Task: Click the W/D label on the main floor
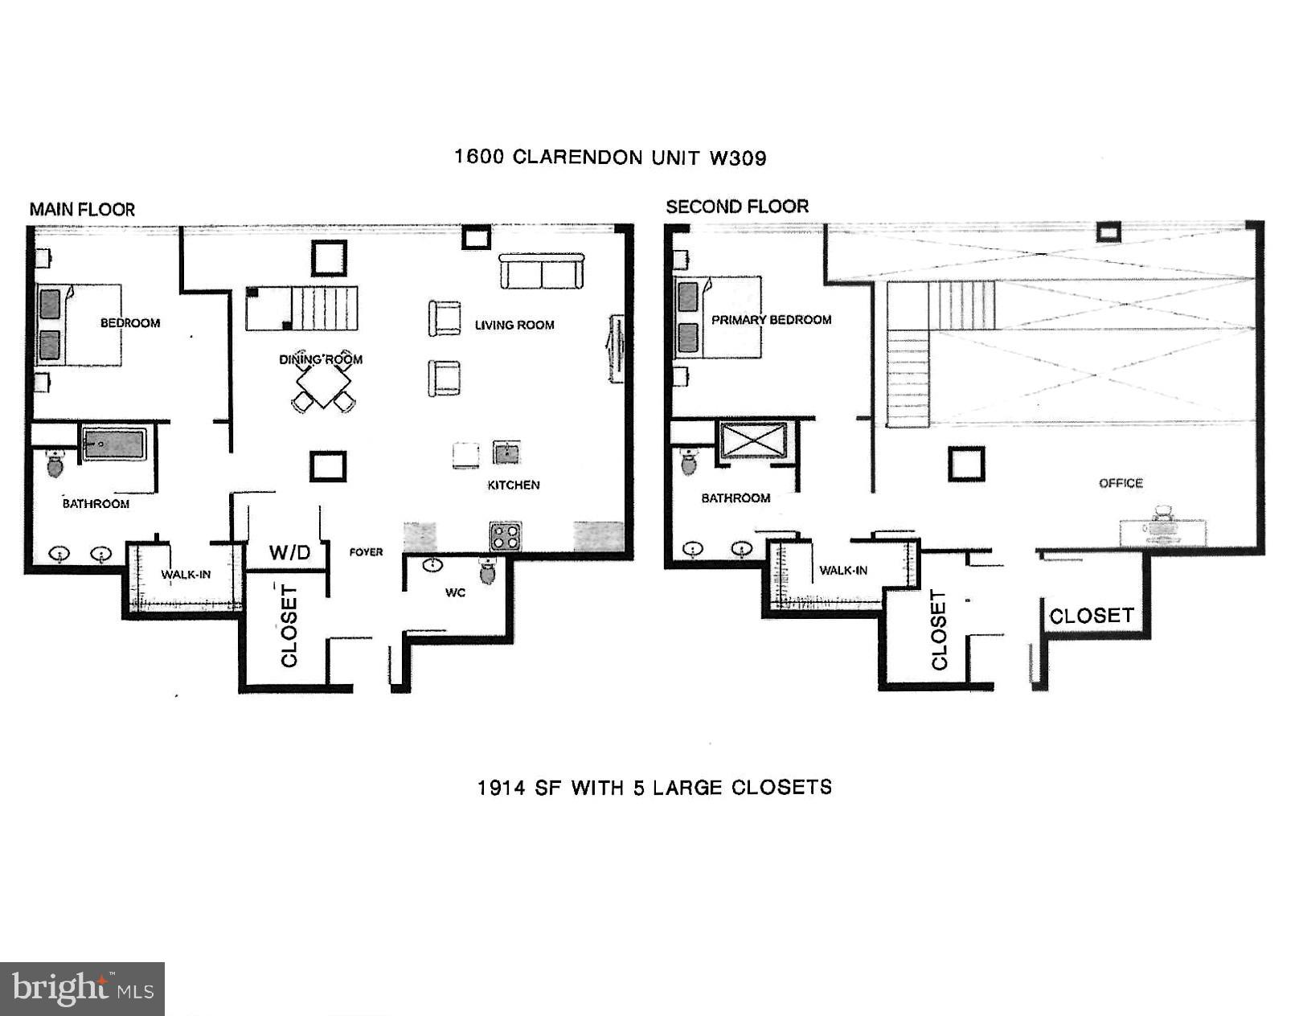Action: (x=289, y=552)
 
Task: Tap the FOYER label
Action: (x=366, y=552)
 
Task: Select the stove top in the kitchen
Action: (x=506, y=535)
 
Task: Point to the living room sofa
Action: (x=541, y=272)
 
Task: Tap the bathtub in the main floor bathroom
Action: (x=114, y=444)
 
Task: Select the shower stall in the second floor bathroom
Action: (x=753, y=440)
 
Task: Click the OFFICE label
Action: (x=1121, y=483)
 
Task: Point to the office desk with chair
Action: (x=1162, y=528)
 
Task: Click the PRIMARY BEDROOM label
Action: (x=771, y=320)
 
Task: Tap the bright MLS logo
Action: (x=82, y=988)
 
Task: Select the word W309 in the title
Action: (x=737, y=158)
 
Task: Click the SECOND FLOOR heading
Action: (x=736, y=207)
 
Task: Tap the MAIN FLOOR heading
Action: (x=82, y=210)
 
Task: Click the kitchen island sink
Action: (x=506, y=453)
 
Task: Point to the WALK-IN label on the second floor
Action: (x=842, y=571)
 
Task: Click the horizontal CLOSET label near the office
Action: (x=1091, y=617)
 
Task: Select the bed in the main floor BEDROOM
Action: (x=79, y=325)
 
